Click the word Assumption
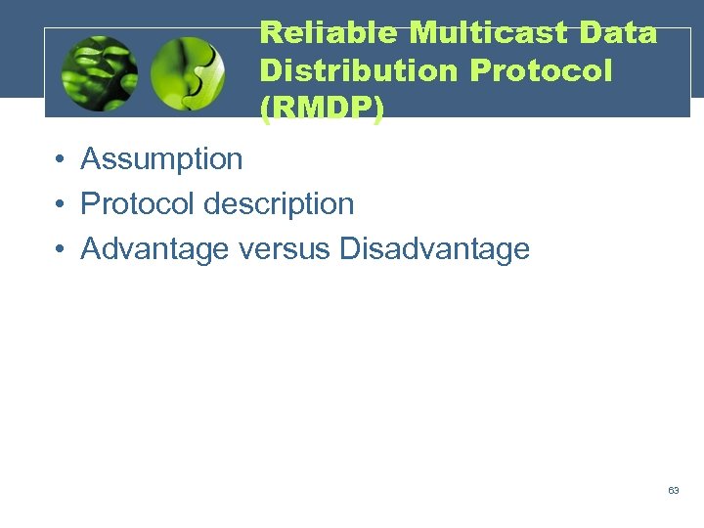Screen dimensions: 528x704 161,158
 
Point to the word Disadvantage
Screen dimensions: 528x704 434,249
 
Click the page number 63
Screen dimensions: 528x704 674,490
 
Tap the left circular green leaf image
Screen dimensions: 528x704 99,74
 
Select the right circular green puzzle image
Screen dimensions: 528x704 188,74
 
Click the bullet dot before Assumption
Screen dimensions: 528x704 61,159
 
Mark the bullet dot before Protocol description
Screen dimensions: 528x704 61,204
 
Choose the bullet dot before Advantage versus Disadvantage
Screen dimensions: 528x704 61,250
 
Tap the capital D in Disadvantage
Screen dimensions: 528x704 350,249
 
